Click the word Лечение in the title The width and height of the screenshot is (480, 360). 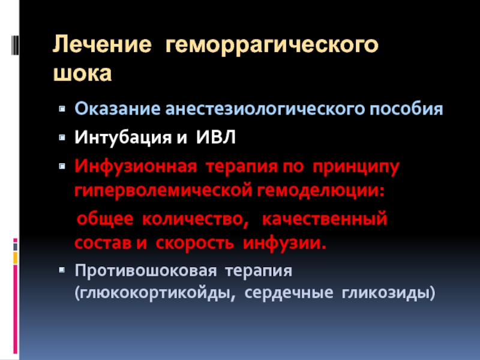pyautogui.click(x=102, y=44)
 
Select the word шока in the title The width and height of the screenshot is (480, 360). pyautogui.click(x=82, y=73)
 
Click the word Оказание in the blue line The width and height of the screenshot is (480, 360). pyautogui.click(x=118, y=109)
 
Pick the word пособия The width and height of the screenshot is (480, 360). pyautogui.click(x=406, y=109)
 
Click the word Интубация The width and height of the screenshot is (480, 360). pyautogui.click(x=123, y=137)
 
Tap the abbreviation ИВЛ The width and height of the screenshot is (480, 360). pyautogui.click(x=216, y=137)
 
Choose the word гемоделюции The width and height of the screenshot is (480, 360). pyautogui.click(x=320, y=190)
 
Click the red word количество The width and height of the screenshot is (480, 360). pyautogui.click(x=196, y=219)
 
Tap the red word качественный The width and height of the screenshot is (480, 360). pyautogui.click(x=325, y=219)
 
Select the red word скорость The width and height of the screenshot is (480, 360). pyautogui.click(x=194, y=244)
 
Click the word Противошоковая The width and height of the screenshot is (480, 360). pyautogui.click(x=145, y=271)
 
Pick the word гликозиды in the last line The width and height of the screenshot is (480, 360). pyautogui.click(x=388, y=293)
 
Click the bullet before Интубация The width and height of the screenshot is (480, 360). pyautogui.click(x=62, y=137)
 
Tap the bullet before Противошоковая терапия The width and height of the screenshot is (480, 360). pyautogui.click(x=62, y=270)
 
